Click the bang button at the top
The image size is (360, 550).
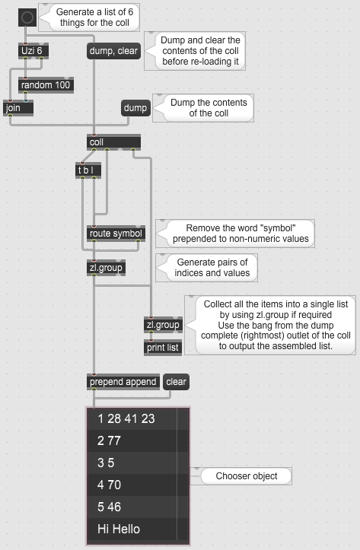click(x=27, y=17)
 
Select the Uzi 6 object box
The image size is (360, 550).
click(x=33, y=51)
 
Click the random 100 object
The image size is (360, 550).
click(x=46, y=85)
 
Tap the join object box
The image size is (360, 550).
click(x=18, y=108)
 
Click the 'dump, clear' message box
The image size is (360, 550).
click(x=113, y=51)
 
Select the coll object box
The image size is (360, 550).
click(x=113, y=142)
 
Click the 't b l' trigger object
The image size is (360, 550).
click(x=88, y=170)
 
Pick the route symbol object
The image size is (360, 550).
click(x=116, y=234)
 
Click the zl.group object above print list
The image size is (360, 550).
click(x=163, y=325)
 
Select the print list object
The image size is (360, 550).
click(x=163, y=348)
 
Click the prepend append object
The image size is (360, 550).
click(x=123, y=382)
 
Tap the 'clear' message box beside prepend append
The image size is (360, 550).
click(x=176, y=382)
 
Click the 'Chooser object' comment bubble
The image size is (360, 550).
click(x=247, y=476)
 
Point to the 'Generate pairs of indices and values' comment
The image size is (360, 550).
click(x=212, y=268)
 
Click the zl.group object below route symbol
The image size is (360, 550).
click(x=106, y=268)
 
